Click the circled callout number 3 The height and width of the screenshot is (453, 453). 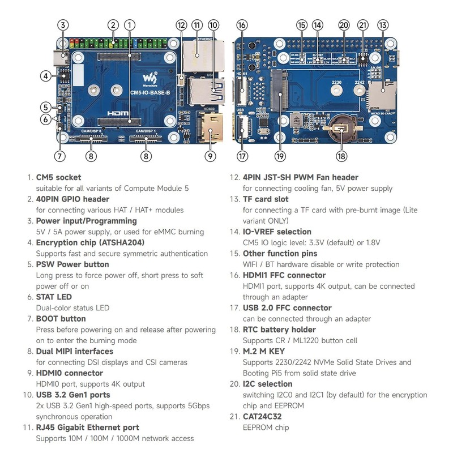tap(63, 25)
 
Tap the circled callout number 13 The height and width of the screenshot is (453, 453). tap(383, 25)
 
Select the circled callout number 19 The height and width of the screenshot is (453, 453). tap(280, 156)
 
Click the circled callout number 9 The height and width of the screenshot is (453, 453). tap(210, 156)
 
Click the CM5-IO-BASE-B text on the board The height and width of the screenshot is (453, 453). tap(150, 93)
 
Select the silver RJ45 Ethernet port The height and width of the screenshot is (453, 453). tap(203, 56)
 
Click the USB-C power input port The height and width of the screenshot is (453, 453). tap(61, 57)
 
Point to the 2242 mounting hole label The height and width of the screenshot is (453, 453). tap(360, 83)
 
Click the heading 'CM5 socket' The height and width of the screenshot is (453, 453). tap(58, 177)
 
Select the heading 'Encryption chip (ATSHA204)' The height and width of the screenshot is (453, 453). tap(90, 243)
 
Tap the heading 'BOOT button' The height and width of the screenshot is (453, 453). tap(61, 319)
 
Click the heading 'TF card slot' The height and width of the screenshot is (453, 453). tap(266, 199)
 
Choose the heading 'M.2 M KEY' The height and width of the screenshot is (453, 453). tap(264, 351)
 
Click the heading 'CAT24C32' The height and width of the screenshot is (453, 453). tap(262, 417)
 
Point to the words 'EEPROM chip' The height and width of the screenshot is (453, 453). tap(266, 428)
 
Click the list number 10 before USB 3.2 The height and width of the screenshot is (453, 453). tap(28, 395)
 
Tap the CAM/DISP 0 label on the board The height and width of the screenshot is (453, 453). tap(91, 131)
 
